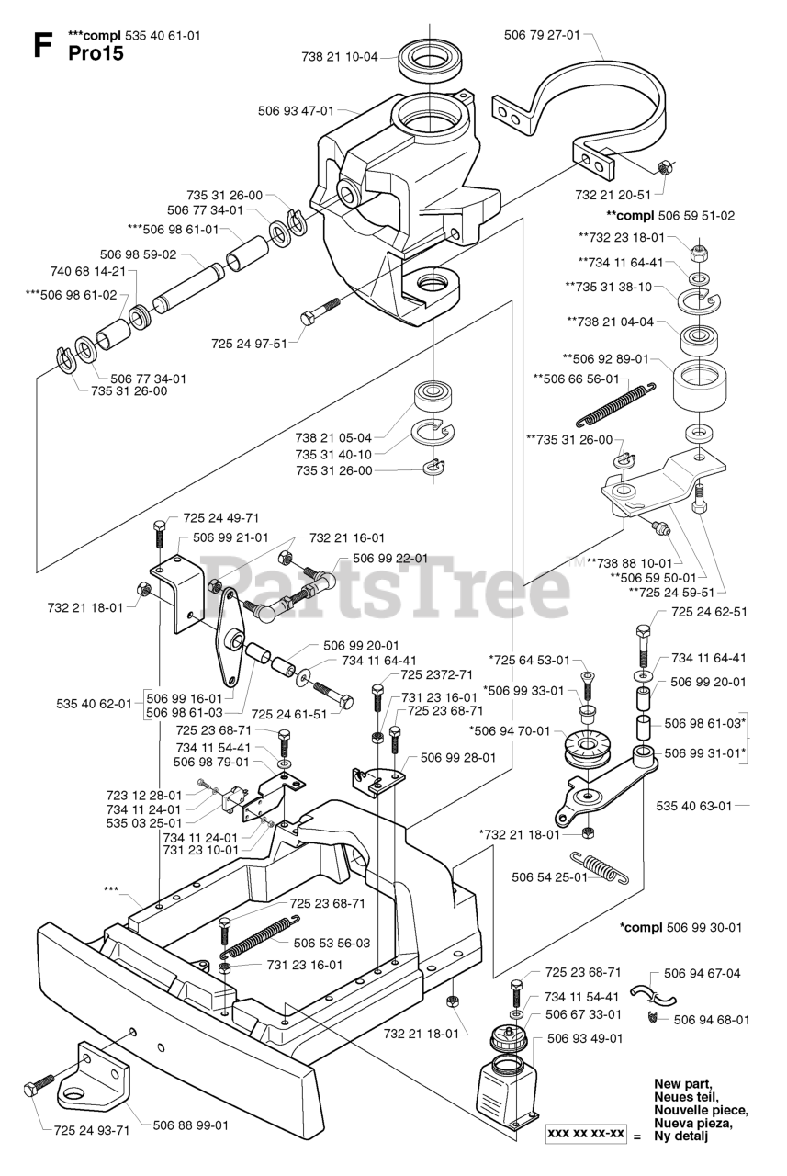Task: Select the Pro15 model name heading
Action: pos(96,53)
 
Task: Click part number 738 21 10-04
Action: pos(339,57)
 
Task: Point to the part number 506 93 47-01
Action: pos(296,110)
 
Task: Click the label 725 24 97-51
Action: pos(250,344)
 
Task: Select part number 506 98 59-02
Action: pos(138,254)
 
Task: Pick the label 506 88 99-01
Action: pos(190,1125)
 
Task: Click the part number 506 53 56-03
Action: pos(332,943)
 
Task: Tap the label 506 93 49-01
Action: pos(584,1039)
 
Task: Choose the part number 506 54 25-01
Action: pos(548,877)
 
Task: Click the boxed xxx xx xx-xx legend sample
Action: pos(586,1134)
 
